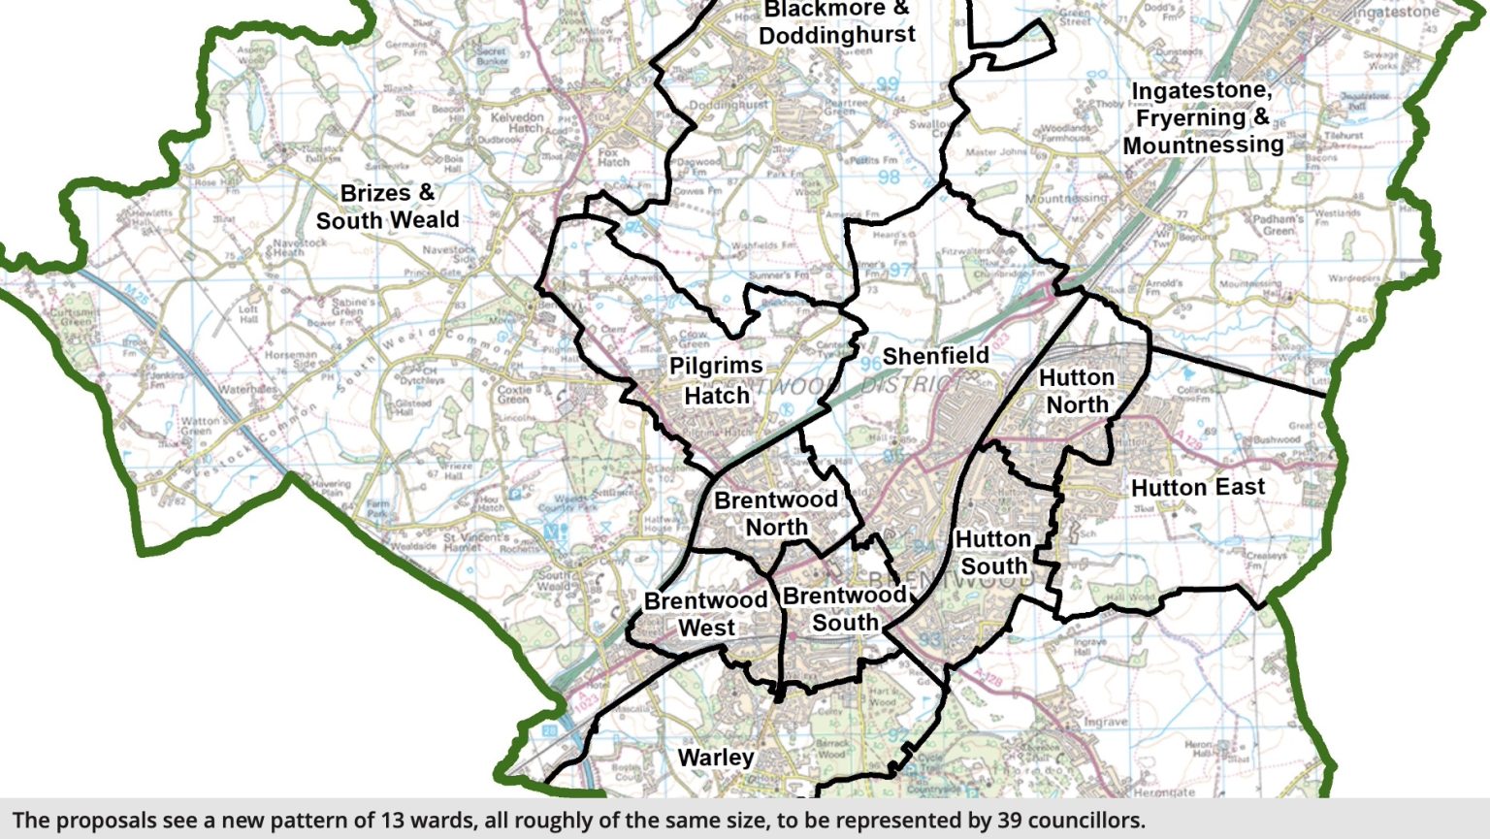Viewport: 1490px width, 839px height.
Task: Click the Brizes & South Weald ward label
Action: [x=387, y=207]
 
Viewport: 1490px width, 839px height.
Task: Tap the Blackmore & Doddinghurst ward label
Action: [x=836, y=23]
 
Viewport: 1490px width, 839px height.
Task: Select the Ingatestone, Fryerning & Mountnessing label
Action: [x=1203, y=117]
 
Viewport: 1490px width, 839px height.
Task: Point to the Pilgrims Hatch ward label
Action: [x=716, y=380]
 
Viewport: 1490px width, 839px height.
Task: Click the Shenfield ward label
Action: [x=935, y=356]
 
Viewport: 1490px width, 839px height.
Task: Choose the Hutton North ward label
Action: [x=1076, y=391]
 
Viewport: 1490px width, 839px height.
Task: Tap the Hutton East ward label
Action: [x=1197, y=487]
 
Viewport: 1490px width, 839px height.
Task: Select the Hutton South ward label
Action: [x=992, y=552]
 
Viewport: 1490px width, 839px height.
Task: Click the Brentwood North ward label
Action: [x=776, y=513]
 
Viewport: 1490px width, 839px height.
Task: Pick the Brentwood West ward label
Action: [x=705, y=614]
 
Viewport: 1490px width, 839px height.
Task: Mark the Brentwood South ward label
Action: [x=844, y=608]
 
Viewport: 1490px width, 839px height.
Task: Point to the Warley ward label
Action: [x=715, y=758]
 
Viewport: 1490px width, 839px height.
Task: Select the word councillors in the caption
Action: [x=1085, y=821]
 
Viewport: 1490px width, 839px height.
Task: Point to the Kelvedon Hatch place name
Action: [x=517, y=122]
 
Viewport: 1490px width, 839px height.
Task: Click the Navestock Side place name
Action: [x=449, y=255]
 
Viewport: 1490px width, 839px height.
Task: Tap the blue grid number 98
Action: [x=889, y=177]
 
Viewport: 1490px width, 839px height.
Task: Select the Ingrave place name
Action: [x=1105, y=722]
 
